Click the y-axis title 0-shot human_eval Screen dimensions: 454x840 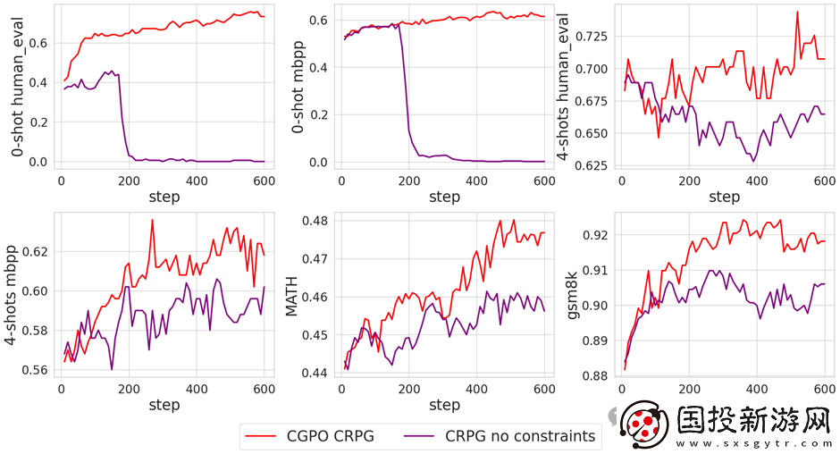[18, 90]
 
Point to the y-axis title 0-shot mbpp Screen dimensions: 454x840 [299, 90]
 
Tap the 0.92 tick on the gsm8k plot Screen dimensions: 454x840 [597, 235]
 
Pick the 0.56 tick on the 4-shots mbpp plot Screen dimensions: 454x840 [37, 370]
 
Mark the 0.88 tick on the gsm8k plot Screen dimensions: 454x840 [597, 376]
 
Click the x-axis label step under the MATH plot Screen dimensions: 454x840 [444, 405]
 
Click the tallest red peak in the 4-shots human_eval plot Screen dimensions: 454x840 [796, 13]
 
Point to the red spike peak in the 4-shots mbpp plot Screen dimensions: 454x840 [153, 220]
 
